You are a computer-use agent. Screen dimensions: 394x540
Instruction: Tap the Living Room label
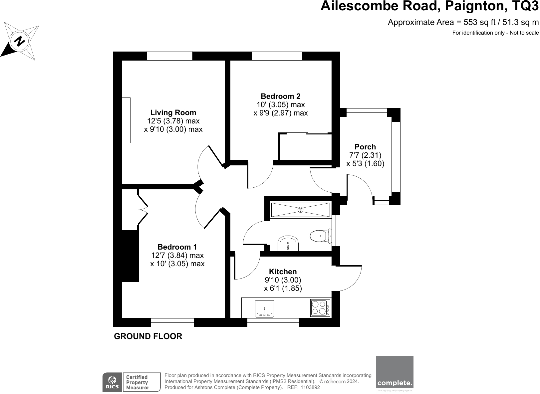click(173, 112)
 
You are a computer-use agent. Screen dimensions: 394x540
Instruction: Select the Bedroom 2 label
click(280, 96)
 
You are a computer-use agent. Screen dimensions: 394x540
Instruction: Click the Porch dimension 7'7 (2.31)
click(365, 155)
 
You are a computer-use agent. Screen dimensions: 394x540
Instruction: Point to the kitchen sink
click(264, 308)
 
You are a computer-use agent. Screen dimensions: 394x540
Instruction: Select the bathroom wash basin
click(288, 243)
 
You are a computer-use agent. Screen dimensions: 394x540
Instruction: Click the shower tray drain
click(300, 210)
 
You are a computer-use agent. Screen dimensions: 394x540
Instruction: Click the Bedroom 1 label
click(177, 247)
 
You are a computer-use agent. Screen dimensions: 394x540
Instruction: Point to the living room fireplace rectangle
click(126, 120)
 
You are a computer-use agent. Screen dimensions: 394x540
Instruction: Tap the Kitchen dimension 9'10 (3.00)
click(283, 280)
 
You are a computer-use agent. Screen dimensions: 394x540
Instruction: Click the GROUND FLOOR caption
click(148, 336)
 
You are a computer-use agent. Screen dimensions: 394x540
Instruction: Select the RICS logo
click(112, 382)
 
